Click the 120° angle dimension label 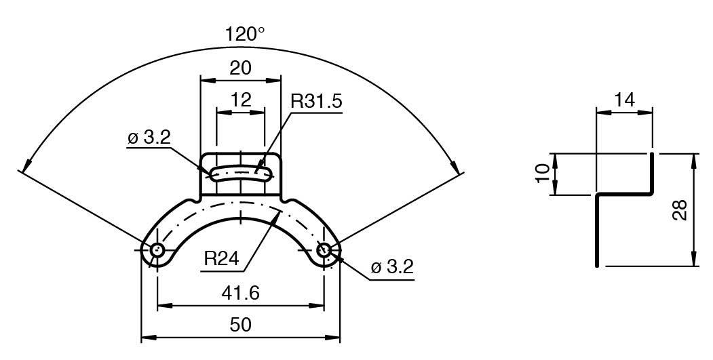coord(245,35)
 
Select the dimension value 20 coord(240,68)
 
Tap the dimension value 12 coord(240,100)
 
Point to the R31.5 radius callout coord(316,102)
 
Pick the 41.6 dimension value coord(240,293)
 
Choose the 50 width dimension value coord(240,324)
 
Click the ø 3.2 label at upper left coord(149,138)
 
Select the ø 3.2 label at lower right coord(391,266)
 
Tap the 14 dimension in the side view coord(623,100)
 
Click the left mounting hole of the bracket coord(157,249)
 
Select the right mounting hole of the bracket coord(324,249)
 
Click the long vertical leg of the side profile coord(597,231)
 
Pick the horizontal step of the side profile coord(624,195)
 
